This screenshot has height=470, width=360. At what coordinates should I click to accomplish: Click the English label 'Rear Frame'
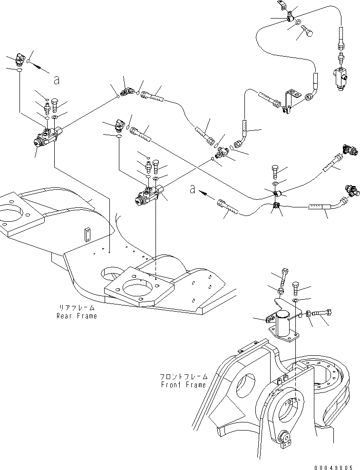pos(77,316)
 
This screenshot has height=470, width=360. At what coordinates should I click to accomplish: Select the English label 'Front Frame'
pos(184,385)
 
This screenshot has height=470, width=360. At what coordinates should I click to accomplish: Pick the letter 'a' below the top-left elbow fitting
pos(57,80)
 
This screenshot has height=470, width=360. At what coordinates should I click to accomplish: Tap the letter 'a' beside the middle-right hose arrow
pos(193,189)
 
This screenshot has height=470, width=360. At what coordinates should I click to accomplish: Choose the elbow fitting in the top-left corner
pos(21,59)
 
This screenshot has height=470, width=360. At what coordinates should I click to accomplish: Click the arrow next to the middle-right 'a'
pos(206,194)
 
